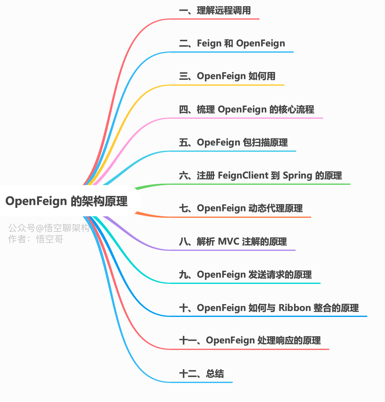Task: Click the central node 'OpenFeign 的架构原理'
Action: (67, 201)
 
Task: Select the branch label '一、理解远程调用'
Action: (215, 11)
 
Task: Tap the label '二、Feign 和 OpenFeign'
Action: (232, 43)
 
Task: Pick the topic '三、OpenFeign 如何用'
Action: (227, 76)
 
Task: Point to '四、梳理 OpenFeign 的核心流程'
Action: (247, 110)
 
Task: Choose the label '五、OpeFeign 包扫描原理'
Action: (233, 143)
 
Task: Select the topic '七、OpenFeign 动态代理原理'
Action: (241, 208)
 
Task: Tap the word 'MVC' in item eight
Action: (229, 242)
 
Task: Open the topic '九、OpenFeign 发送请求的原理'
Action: (245, 275)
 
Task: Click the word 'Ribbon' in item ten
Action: (295, 308)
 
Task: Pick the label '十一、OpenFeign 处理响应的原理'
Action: (250, 341)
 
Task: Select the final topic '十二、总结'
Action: (202, 374)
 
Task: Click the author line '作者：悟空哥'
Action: (36, 239)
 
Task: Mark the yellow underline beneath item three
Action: (227, 85)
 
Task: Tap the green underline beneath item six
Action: (260, 184)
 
